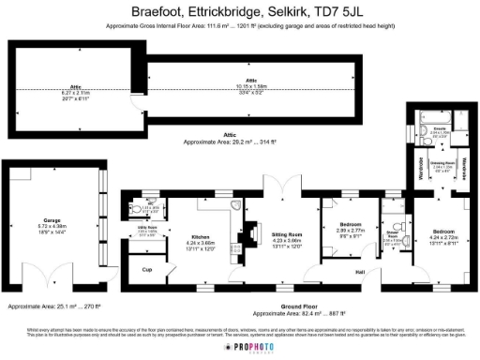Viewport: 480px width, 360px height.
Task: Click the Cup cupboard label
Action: [x=147, y=270]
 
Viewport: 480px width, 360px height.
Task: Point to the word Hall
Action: [x=360, y=273]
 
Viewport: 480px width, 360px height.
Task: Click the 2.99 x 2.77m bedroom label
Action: [x=351, y=227]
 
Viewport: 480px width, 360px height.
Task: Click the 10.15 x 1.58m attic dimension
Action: [x=250, y=86]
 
